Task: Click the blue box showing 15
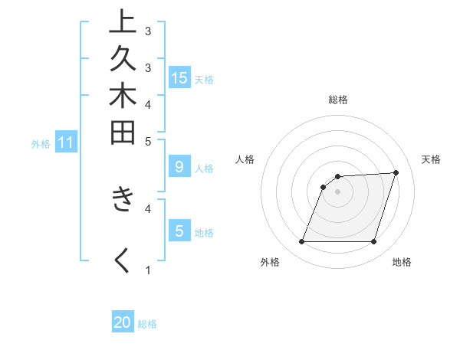[x=179, y=77]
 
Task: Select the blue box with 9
[x=179, y=166]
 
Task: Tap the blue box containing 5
[x=179, y=231]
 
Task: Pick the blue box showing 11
[x=66, y=142]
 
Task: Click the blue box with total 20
[x=123, y=322]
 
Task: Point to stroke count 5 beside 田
[x=148, y=141]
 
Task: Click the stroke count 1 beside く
[x=148, y=270]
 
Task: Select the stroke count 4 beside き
[x=148, y=207]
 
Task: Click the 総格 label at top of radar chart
[x=337, y=100]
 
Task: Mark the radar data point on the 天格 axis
[x=396, y=173]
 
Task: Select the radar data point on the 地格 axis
[x=373, y=242]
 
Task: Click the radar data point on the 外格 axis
[x=301, y=242]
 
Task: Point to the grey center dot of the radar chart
[x=337, y=192]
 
